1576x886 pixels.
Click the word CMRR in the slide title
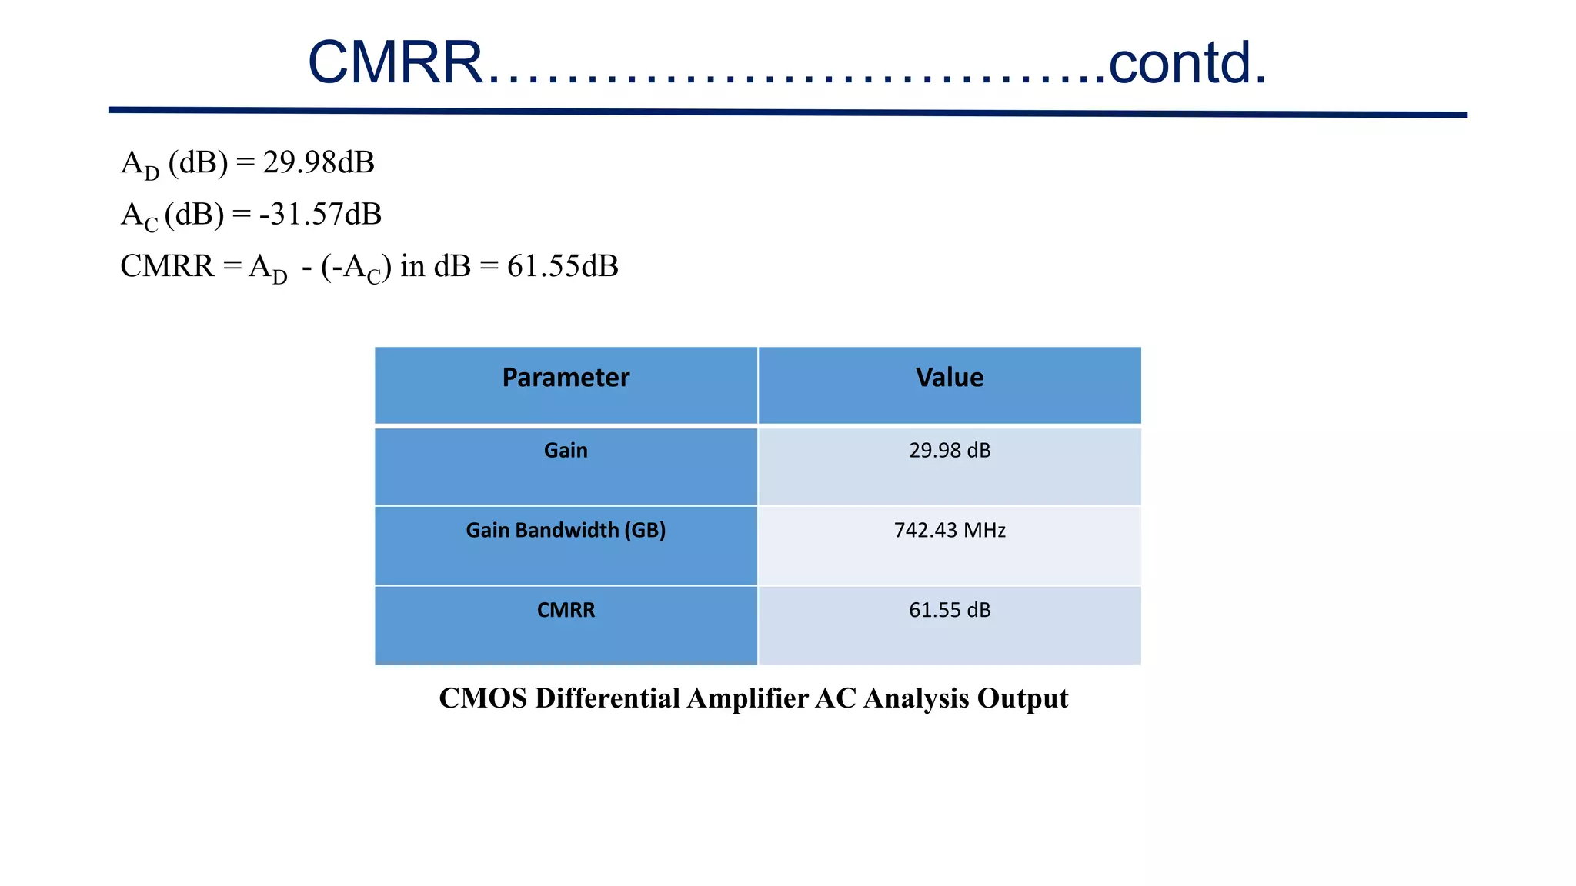[x=395, y=62]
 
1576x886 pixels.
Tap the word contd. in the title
[x=1187, y=62]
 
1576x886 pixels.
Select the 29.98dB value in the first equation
[x=319, y=162]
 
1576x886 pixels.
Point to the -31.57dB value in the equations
[x=320, y=214]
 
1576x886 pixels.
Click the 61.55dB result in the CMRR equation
[x=563, y=266]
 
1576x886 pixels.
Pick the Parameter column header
[x=566, y=378]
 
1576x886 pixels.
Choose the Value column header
[x=950, y=378]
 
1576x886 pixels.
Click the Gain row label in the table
[x=566, y=451]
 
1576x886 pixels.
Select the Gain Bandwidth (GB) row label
[x=566, y=530]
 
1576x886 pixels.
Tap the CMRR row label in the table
[x=566, y=610]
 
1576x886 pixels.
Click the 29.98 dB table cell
[x=950, y=451]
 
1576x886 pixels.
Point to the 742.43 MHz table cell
[x=950, y=530]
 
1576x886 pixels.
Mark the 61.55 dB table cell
[x=950, y=610]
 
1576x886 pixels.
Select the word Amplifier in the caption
[x=746, y=698]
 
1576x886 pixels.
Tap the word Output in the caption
[x=1022, y=698]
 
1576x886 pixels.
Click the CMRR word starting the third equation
[x=167, y=266]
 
